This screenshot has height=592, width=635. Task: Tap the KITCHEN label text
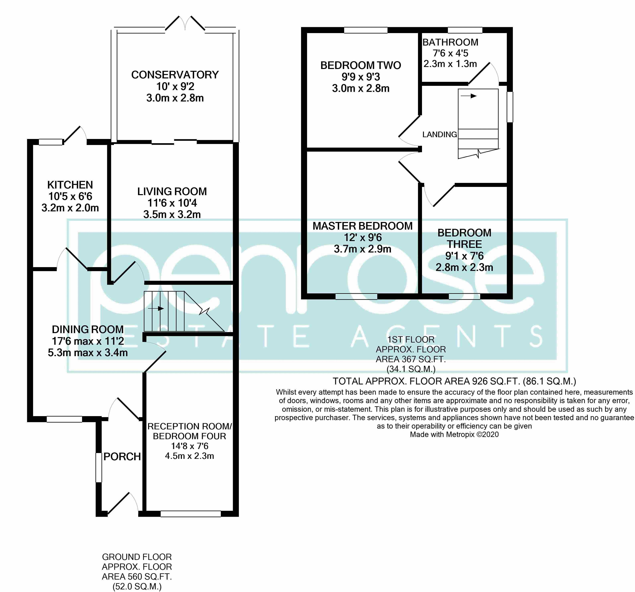pos(70,185)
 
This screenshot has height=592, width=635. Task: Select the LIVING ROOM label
pos(172,192)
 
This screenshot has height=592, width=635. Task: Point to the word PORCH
pos(122,457)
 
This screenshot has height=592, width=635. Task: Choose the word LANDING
pos(439,134)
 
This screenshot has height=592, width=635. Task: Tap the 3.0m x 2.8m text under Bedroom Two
pos(361,88)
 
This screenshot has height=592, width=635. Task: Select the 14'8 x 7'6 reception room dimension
pos(189,446)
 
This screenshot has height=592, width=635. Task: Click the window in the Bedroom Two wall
pos(365,30)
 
